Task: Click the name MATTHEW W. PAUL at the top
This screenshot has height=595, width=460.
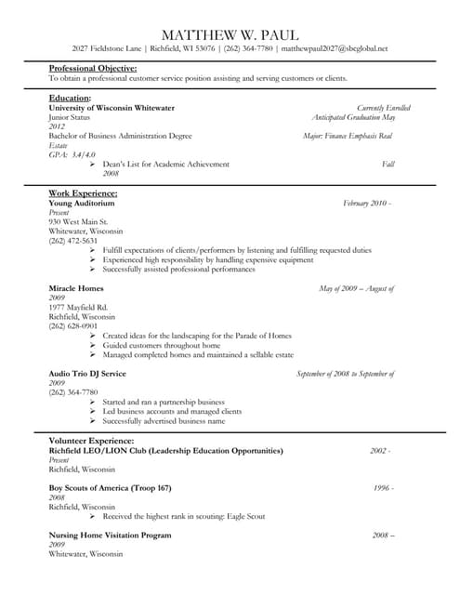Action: click(230, 33)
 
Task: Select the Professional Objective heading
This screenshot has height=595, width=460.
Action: click(93, 68)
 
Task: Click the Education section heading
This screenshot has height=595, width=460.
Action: click(70, 98)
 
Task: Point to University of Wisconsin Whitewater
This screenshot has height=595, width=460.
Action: click(112, 108)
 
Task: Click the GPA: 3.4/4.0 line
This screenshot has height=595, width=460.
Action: click(72, 154)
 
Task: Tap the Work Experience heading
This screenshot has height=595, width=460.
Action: click(83, 193)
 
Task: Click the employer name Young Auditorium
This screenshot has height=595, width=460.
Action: click(82, 203)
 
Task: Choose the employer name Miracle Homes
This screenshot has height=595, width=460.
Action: click(76, 288)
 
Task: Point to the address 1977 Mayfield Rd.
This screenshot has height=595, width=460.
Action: click(78, 307)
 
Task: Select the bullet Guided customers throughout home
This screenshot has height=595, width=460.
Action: click(162, 345)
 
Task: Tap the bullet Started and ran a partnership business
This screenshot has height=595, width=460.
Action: click(164, 402)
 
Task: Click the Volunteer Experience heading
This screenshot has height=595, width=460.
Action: click(91, 441)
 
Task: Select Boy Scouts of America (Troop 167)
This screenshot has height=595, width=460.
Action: click(110, 488)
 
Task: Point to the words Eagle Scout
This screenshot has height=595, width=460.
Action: click(243, 516)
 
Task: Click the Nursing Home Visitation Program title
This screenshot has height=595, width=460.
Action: click(110, 535)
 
